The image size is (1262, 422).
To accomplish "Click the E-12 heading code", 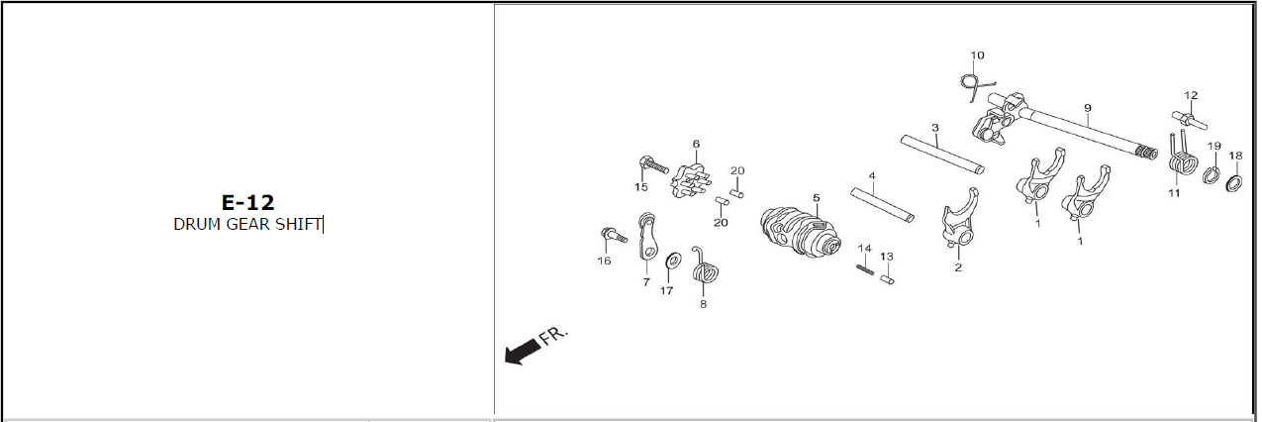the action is click(x=247, y=202).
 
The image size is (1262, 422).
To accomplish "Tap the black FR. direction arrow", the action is click(x=523, y=352).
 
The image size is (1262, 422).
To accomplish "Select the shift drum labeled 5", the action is click(x=800, y=232).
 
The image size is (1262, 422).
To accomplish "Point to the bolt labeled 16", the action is click(x=614, y=235).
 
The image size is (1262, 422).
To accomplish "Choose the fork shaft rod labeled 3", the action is click(x=942, y=154).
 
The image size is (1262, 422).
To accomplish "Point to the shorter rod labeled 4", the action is click(x=882, y=205).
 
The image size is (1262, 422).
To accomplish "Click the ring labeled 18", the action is click(x=1234, y=184).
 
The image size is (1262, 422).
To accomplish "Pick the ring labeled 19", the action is click(x=1212, y=175).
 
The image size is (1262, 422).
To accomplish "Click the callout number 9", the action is click(x=1088, y=108).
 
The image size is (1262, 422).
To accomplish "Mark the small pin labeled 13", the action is click(x=887, y=278).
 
